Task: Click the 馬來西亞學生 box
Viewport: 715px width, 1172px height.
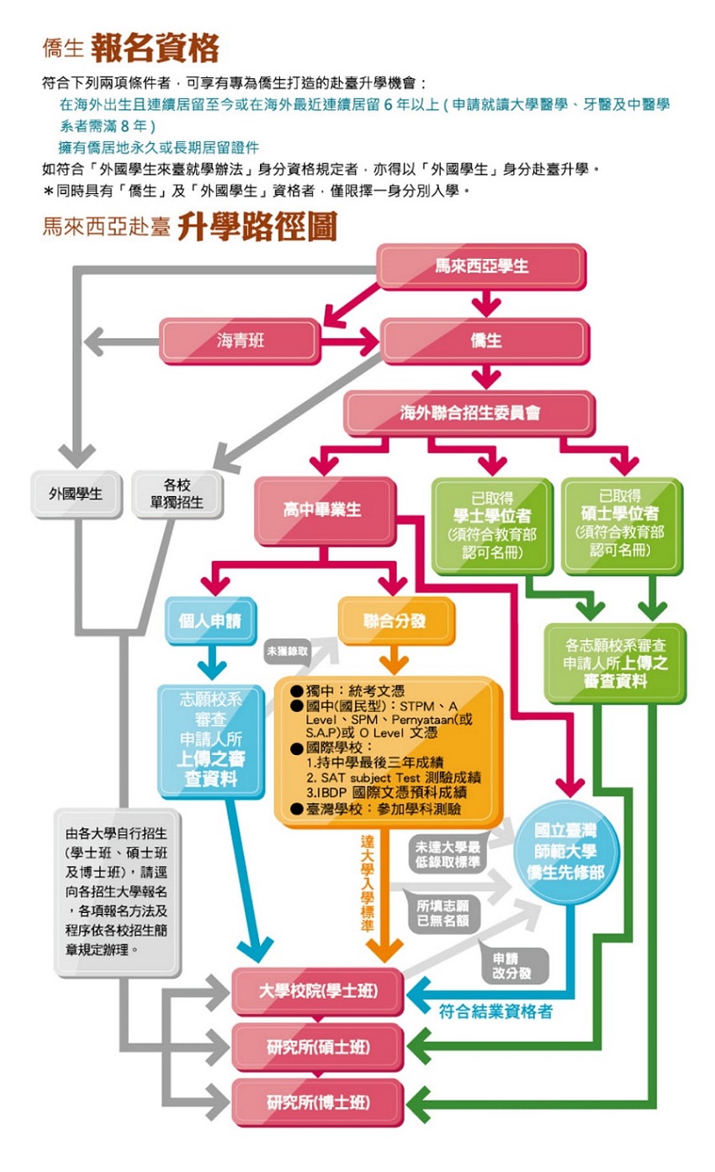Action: [x=481, y=267]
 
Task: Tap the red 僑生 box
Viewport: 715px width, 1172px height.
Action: [x=485, y=341]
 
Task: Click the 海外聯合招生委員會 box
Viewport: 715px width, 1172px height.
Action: [x=469, y=414]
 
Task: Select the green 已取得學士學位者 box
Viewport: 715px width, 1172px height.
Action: [x=492, y=523]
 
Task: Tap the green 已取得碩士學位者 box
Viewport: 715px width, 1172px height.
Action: [x=621, y=523]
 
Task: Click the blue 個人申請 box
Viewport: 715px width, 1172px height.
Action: [x=209, y=622]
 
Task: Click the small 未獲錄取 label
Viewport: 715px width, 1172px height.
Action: [x=288, y=651]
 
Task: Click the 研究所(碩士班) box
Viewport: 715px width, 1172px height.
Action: [x=317, y=1047]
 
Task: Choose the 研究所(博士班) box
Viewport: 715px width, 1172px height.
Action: [x=317, y=1102]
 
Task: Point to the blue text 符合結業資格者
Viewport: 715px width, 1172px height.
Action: [x=496, y=1012]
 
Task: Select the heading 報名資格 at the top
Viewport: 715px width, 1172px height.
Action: [x=156, y=48]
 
